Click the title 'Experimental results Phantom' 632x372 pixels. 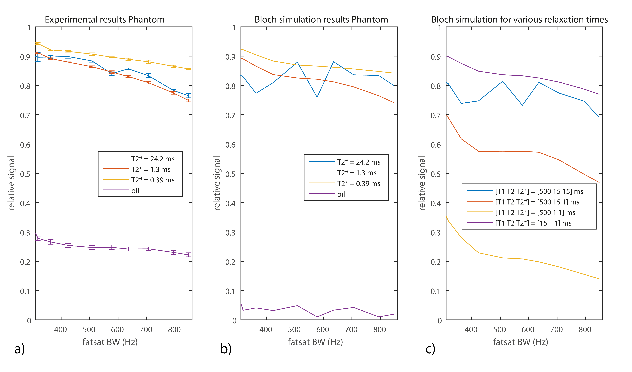coord(105,20)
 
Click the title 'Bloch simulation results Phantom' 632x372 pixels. coord(321,20)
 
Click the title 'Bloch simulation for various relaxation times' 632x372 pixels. coord(519,20)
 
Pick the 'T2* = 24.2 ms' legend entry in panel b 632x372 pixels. coord(359,162)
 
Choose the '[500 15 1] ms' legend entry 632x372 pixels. coord(537,202)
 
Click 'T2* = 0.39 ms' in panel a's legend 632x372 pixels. coord(153,180)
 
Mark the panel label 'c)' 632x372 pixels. coord(430,349)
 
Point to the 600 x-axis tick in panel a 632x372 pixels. coord(117,329)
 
